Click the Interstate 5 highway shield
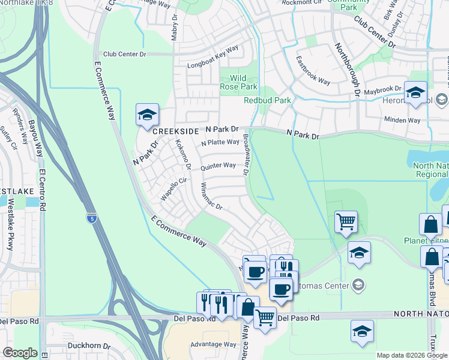pos(91,217)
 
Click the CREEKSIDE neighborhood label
pos(175,131)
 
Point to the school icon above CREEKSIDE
pos(146,115)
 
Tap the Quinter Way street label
pos(218,166)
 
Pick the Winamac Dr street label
pos(211,197)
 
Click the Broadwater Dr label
pos(246,155)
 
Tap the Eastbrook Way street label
pos(313,71)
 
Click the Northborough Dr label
pos(346,70)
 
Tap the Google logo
pos(20,353)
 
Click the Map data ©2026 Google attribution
pos(412,355)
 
